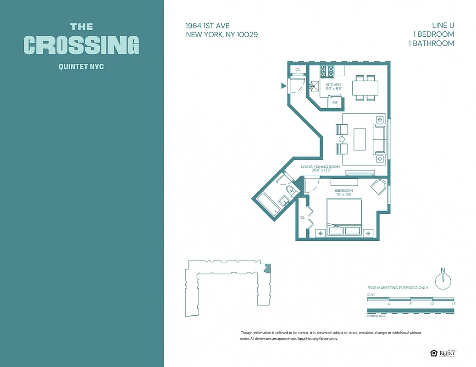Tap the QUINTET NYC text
(81, 67)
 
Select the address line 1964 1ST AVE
(208, 26)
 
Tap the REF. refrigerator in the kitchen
(335, 102)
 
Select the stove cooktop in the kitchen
(327, 71)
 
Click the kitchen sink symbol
(315, 85)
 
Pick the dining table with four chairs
(365, 88)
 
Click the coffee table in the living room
(360, 139)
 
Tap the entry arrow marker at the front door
(283, 85)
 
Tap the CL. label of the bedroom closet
(303, 217)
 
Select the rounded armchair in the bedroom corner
(379, 188)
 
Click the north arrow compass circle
(443, 281)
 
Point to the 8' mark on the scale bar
(410, 304)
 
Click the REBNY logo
(447, 353)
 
